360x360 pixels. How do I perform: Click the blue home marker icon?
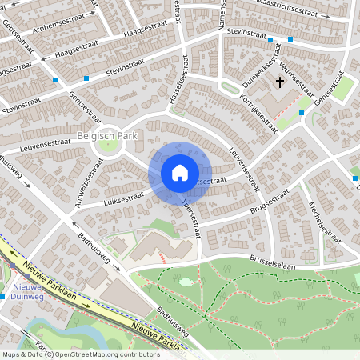pos(180,173)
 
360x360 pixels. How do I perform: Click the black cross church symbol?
pos(281,82)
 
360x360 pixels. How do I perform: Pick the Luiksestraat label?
pos(123,199)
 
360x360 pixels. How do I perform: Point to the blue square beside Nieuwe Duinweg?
pos(3,297)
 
